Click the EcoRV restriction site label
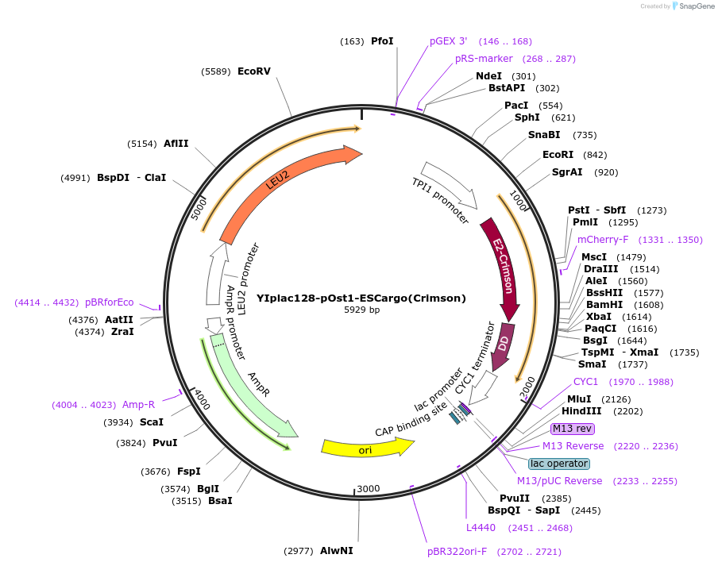[x=254, y=71]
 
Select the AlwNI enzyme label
[x=337, y=550]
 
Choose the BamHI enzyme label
[x=604, y=305]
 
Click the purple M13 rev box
[x=573, y=429]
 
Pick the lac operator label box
[x=559, y=464]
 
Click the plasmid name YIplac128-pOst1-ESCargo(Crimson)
[x=361, y=298]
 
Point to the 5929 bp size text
[x=361, y=310]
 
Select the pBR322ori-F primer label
[x=457, y=552]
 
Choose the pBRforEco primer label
[x=110, y=302]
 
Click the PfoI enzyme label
[x=382, y=41]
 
